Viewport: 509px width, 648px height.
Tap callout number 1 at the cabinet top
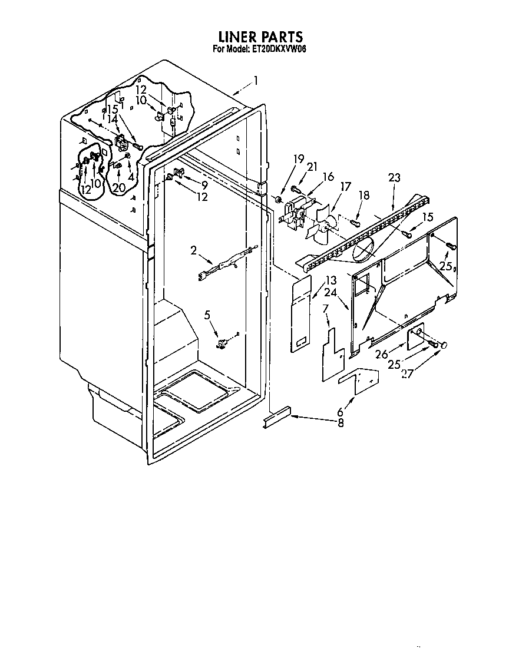tap(256, 80)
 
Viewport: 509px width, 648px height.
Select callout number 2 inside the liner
tap(194, 250)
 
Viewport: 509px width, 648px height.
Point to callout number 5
tap(207, 315)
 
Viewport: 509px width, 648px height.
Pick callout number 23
tap(394, 177)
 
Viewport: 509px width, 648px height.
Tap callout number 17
tap(345, 187)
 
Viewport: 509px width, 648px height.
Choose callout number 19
tap(299, 158)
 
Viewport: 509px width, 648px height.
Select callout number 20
tap(118, 188)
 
